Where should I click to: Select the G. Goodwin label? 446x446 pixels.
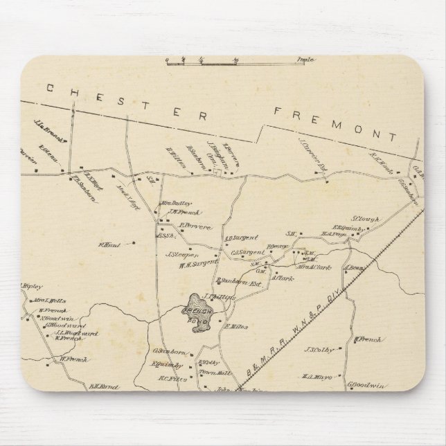click(363, 382)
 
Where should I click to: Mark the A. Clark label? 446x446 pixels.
click(283, 278)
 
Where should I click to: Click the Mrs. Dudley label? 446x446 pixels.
click(175, 204)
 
